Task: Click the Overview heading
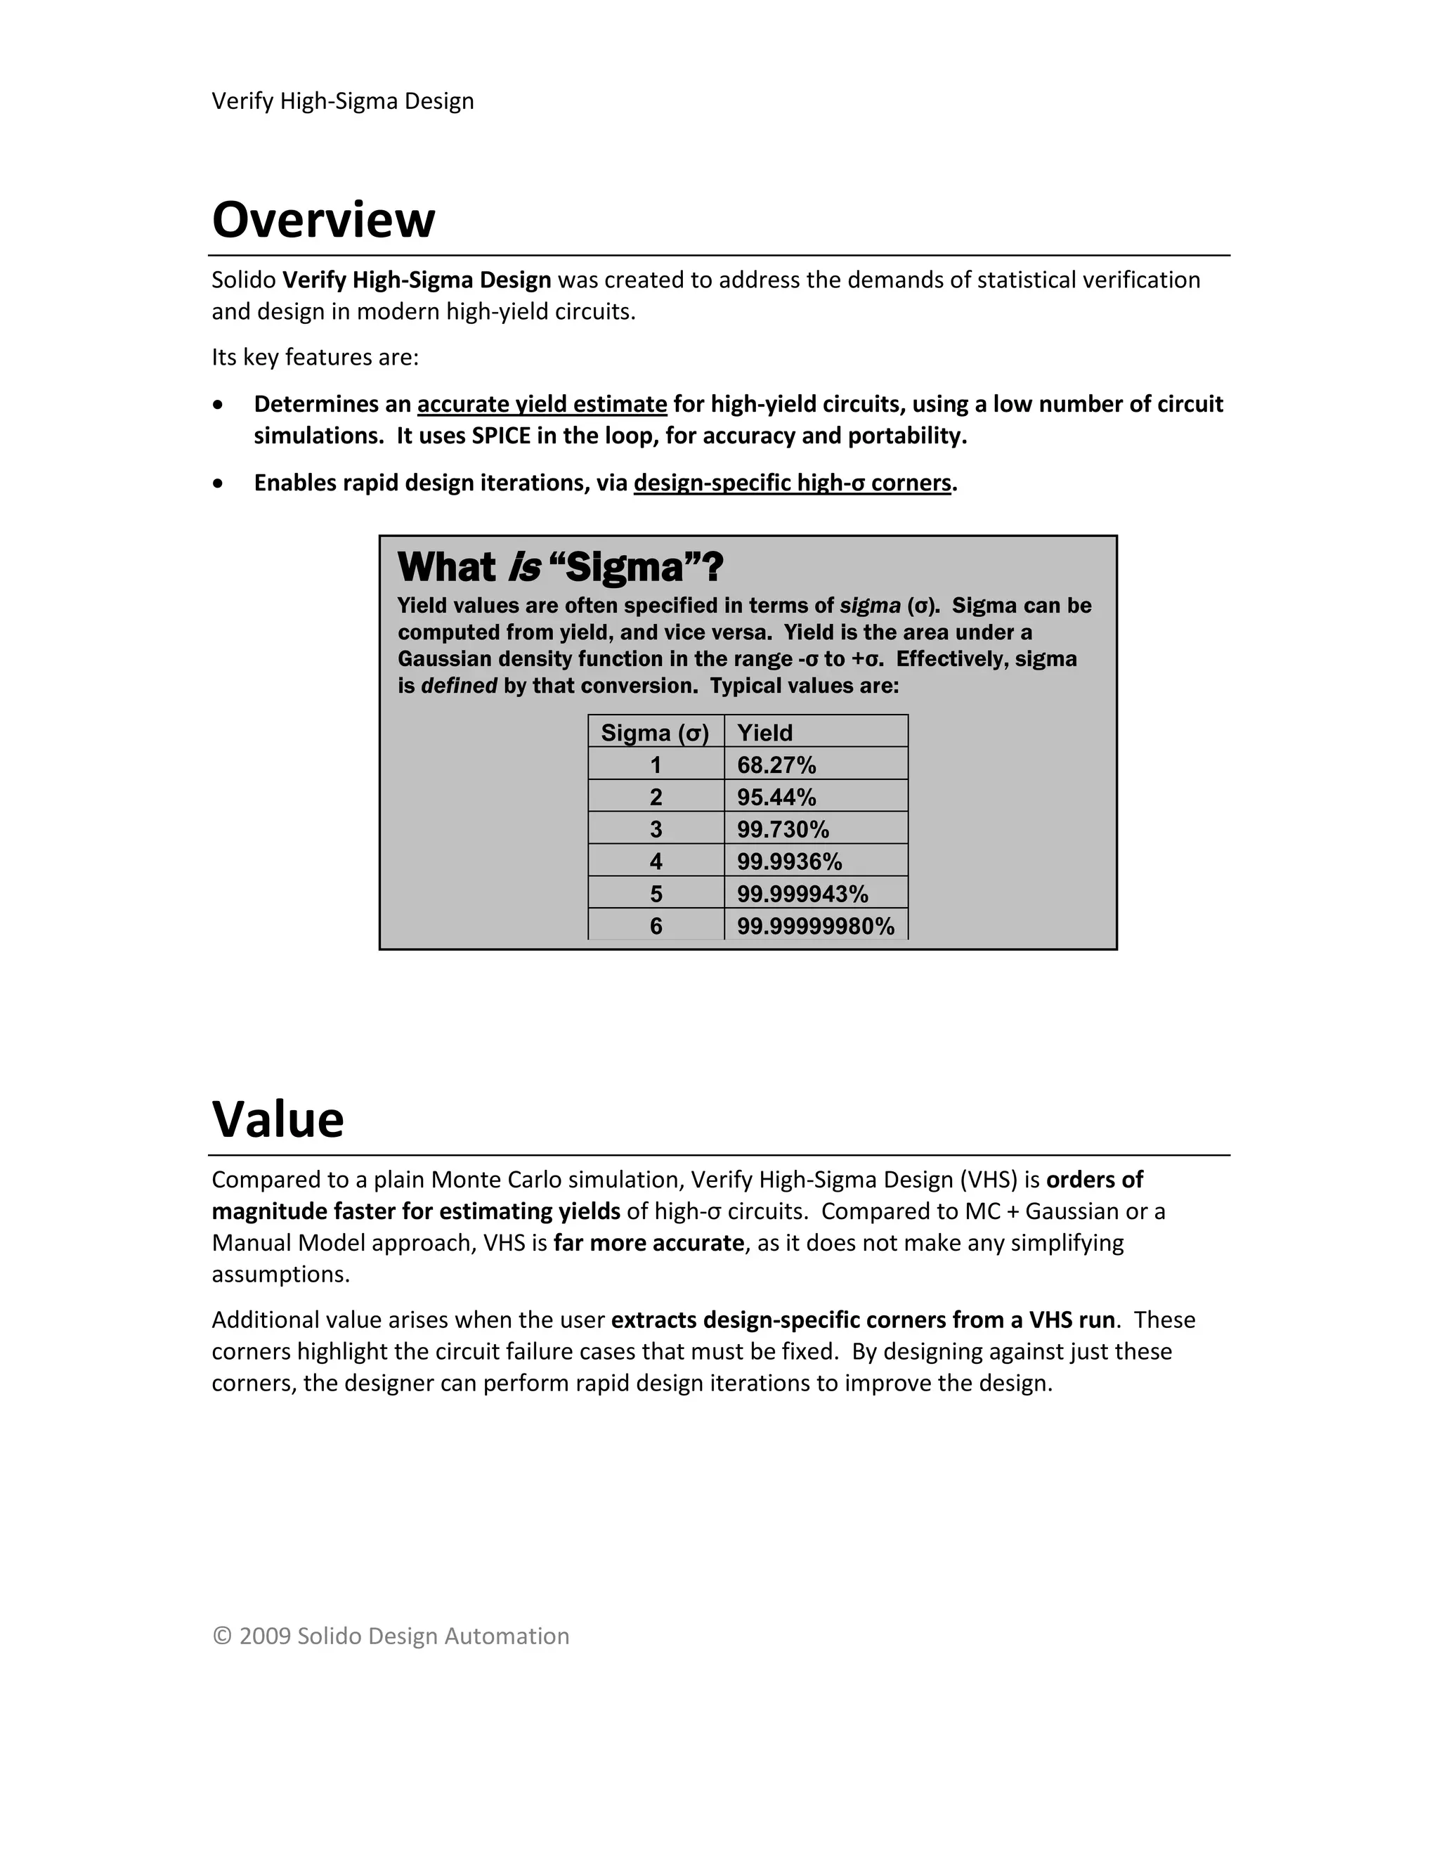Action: tap(323, 219)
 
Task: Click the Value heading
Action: tap(278, 1119)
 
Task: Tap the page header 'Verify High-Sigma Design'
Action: tap(343, 101)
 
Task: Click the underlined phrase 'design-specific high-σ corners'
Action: tap(792, 483)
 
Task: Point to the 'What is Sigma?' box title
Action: tap(560, 567)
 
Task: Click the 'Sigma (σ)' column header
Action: tap(655, 733)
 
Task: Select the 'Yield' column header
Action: tap(764, 733)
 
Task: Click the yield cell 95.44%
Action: tap(776, 798)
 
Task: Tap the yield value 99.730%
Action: tap(783, 830)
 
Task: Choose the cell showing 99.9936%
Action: tap(789, 862)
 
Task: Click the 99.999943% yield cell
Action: tap(802, 894)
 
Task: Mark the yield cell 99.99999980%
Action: tap(816, 927)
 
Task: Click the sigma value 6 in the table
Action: tap(656, 927)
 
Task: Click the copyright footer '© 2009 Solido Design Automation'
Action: tap(391, 1636)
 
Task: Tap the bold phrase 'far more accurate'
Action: tap(649, 1243)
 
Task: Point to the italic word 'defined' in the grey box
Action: tap(459, 686)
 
